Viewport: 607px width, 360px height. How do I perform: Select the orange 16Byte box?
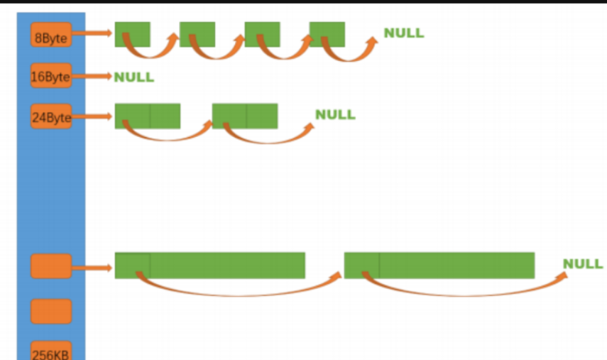pyautogui.click(x=51, y=76)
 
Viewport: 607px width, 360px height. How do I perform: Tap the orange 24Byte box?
pyautogui.click(x=51, y=116)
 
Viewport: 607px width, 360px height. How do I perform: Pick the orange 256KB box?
pyautogui.click(x=51, y=351)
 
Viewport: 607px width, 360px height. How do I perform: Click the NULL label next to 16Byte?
pyautogui.click(x=133, y=77)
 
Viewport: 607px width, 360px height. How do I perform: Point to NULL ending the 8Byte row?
pyautogui.click(x=403, y=33)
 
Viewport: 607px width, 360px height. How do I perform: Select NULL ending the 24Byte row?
pyautogui.click(x=335, y=114)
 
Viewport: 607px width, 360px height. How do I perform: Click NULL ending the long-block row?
pyautogui.click(x=583, y=264)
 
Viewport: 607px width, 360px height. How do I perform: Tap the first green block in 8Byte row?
pyautogui.click(x=133, y=34)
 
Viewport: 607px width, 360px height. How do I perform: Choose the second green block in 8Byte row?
pyautogui.click(x=197, y=34)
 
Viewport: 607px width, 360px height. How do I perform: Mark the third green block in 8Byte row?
pyautogui.click(x=262, y=34)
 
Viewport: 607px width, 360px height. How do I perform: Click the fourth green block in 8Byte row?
pyautogui.click(x=327, y=34)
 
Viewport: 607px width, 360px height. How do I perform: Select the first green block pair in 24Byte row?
pyautogui.click(x=148, y=116)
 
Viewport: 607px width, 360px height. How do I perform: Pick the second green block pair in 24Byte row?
pyautogui.click(x=245, y=116)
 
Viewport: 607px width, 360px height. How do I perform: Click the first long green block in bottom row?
pyautogui.click(x=210, y=265)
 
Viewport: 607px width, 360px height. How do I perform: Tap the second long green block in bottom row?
pyautogui.click(x=439, y=265)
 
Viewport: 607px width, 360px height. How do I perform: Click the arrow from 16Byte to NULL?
pyautogui.click(x=92, y=76)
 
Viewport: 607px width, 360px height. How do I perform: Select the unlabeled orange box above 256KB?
pyautogui.click(x=51, y=311)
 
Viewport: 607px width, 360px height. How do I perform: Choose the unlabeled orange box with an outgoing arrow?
pyautogui.click(x=51, y=266)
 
